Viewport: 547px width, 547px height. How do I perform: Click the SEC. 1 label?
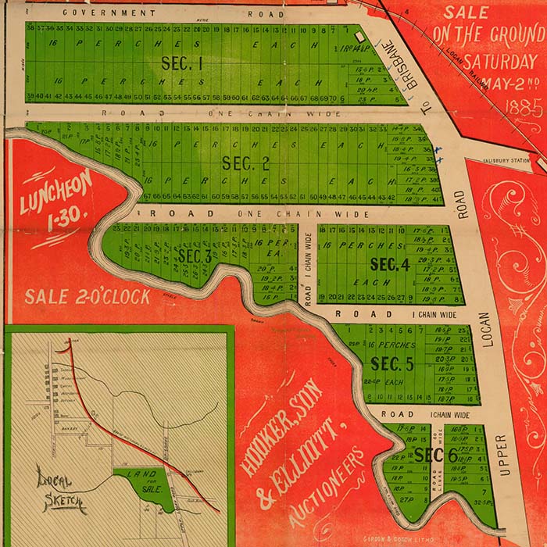click(x=181, y=63)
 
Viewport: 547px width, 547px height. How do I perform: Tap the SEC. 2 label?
click(x=245, y=163)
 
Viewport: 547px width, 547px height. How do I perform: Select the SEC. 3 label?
click(x=195, y=256)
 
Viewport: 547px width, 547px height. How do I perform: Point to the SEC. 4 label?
click(x=390, y=265)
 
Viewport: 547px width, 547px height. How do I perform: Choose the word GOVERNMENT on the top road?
click(x=104, y=13)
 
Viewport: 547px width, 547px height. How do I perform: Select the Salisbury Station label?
click(x=509, y=161)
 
